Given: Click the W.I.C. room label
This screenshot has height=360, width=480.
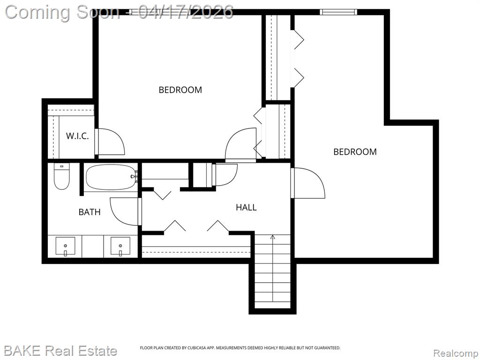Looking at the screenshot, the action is coord(77,136).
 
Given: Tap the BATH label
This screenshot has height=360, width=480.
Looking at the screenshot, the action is coord(90,212).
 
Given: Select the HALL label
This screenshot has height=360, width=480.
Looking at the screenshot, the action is coord(246,207).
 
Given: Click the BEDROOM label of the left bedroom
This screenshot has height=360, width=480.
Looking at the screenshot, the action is coord(180,90).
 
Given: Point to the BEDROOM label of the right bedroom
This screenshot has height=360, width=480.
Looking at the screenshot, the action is coord(355,151).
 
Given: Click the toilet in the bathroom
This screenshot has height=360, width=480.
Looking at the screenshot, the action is coord(61,176).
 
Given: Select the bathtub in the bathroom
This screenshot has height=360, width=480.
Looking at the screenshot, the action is coord(111,178).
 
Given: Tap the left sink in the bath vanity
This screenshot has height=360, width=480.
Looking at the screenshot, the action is coord(65,247).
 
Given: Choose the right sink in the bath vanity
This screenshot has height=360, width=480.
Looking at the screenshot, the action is coord(120,247).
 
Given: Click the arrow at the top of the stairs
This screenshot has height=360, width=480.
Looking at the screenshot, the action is coord(273,236).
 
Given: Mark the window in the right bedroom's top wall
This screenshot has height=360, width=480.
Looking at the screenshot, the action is coord(338,12).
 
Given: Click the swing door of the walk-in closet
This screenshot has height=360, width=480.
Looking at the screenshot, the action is coord(110,142).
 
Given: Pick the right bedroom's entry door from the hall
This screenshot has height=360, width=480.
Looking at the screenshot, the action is coord(307,183).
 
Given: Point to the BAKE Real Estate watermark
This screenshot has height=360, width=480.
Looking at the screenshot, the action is coord(60,351).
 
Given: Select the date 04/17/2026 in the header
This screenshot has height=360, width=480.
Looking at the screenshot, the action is coord(186,12).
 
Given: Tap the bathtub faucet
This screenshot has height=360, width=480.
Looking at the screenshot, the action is coord(134,177).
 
